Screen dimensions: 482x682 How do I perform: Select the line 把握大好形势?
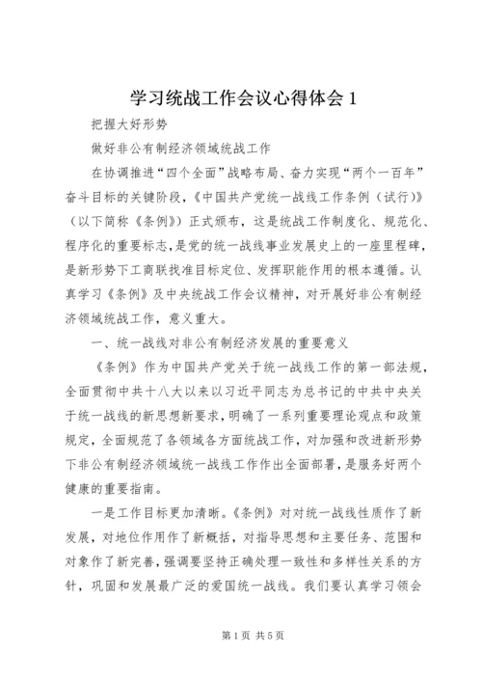pos(124,126)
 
